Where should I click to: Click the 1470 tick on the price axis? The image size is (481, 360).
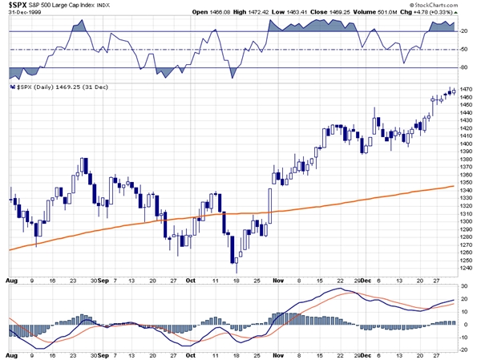(x=467, y=88)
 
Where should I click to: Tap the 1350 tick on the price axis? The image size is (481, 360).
(x=467, y=183)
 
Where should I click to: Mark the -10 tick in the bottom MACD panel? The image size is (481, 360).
(x=466, y=338)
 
